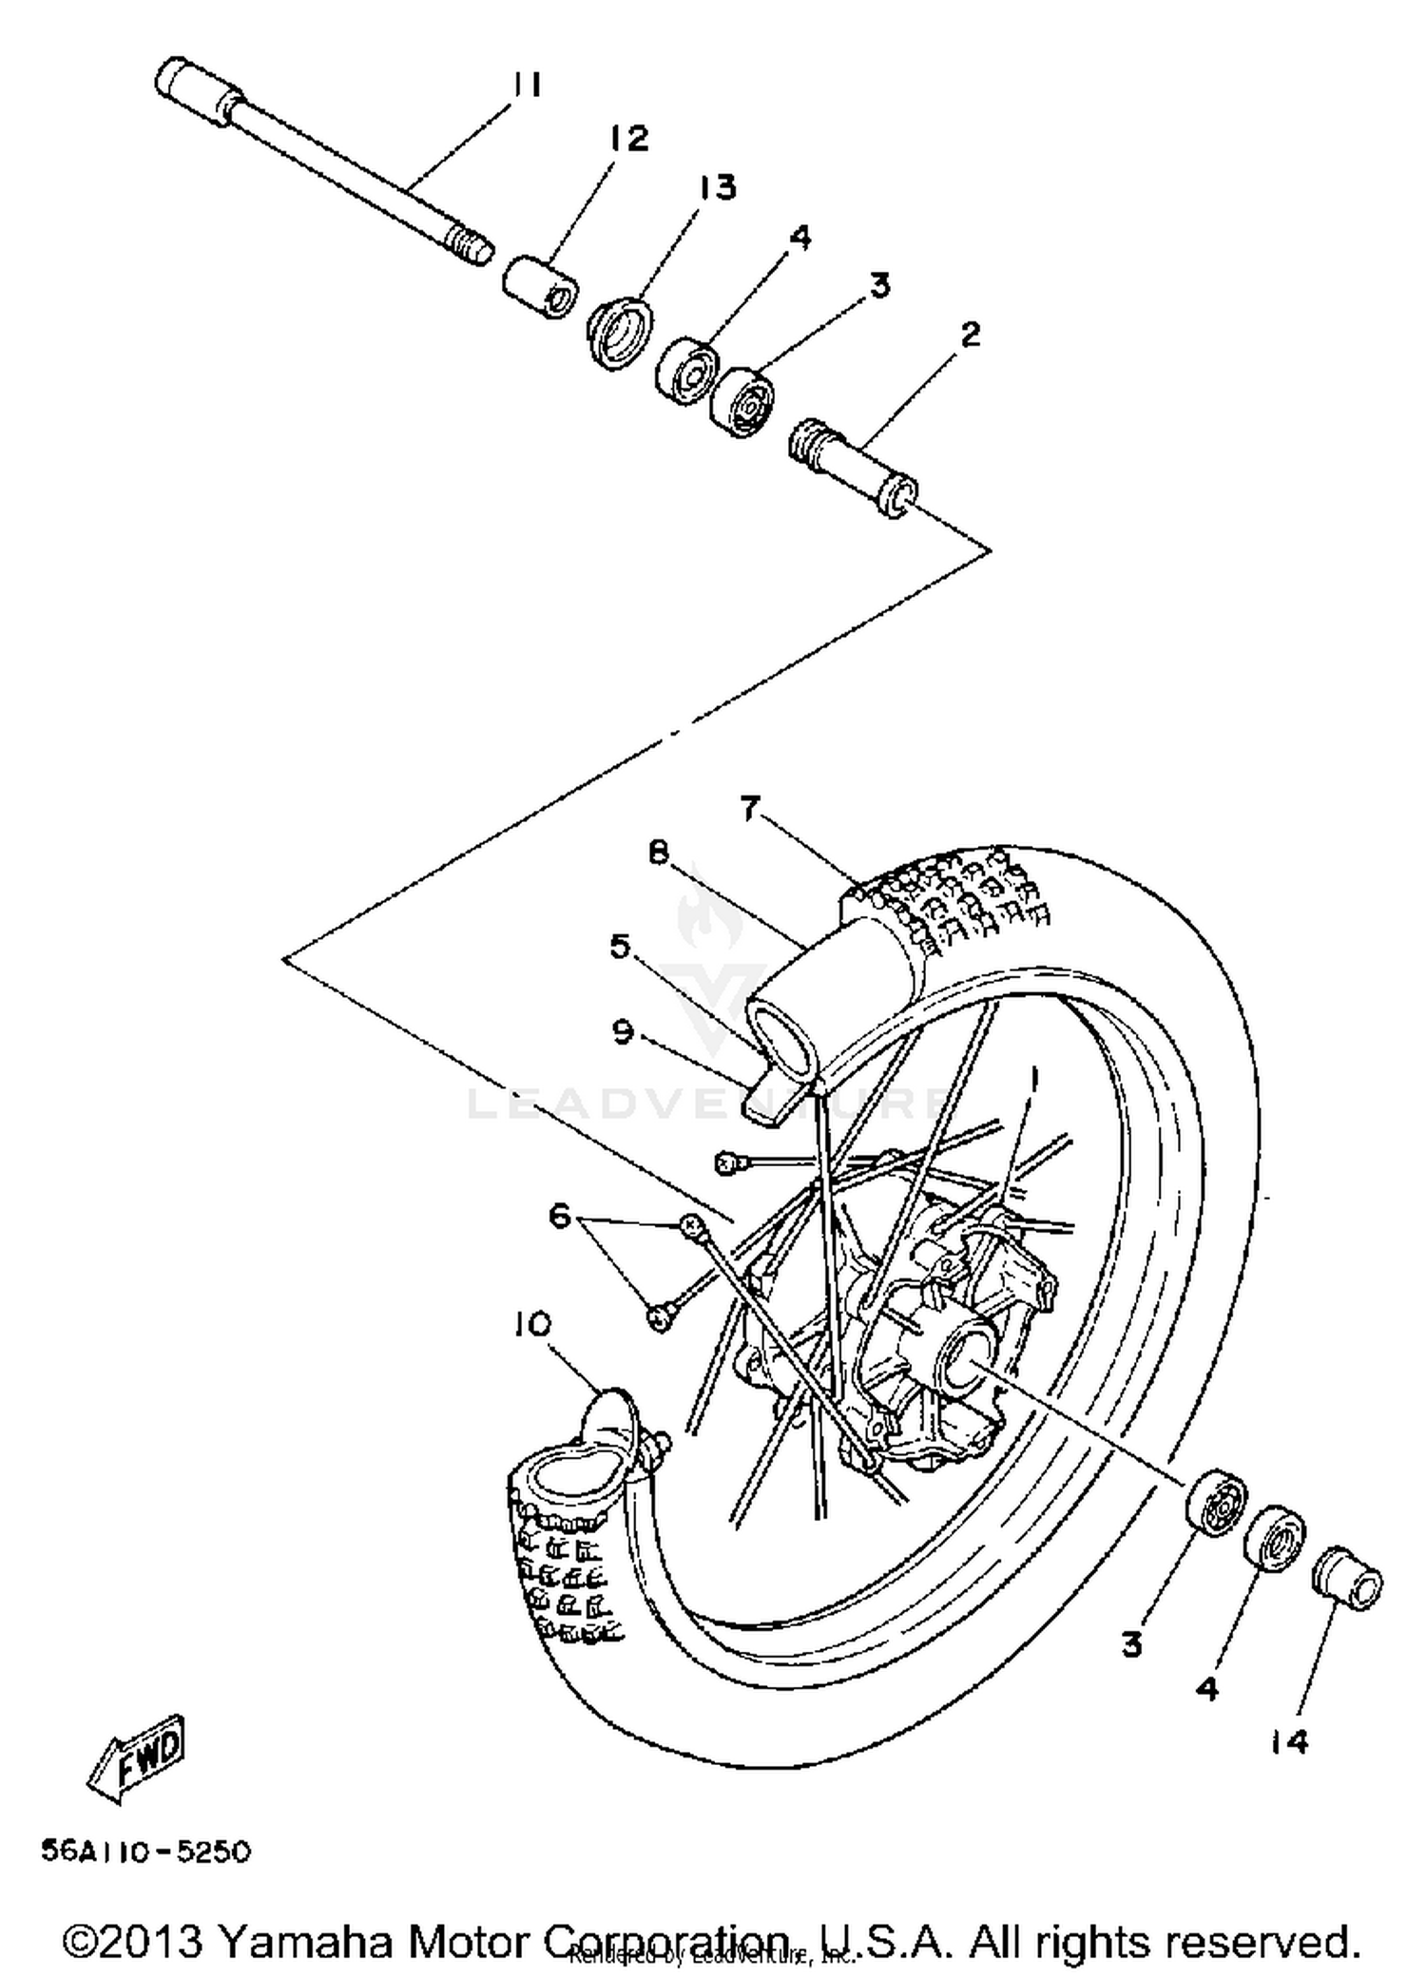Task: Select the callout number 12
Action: (x=628, y=138)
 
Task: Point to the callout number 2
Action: (x=970, y=335)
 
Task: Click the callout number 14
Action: (x=1288, y=1741)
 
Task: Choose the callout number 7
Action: (x=751, y=809)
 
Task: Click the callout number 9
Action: (x=623, y=1031)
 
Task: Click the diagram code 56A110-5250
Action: (x=145, y=1852)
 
